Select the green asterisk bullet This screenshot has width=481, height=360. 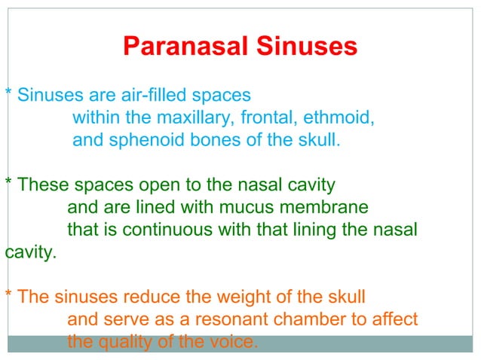[8, 183]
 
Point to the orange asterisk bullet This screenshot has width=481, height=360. [8, 294]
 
